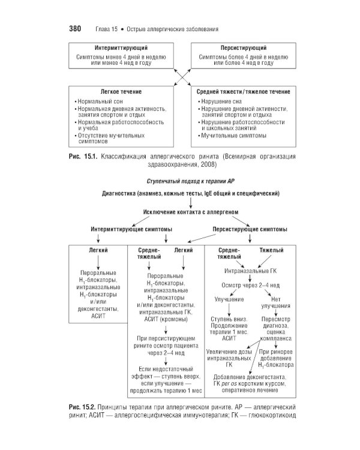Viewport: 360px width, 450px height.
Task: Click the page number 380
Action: point(75,29)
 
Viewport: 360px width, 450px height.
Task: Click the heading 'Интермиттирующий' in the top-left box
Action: point(121,48)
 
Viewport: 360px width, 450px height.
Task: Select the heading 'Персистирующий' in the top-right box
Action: point(244,48)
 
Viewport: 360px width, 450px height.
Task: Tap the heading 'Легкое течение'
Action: point(121,92)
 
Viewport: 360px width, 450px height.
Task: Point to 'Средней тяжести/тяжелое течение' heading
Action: point(244,92)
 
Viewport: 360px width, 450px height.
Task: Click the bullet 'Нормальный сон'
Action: point(99,101)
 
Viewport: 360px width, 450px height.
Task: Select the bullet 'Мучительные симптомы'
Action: point(232,136)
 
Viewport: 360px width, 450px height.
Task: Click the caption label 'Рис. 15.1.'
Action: point(83,157)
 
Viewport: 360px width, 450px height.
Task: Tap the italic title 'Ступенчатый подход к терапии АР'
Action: point(191,181)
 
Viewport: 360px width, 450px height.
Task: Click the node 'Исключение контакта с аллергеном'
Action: point(191,212)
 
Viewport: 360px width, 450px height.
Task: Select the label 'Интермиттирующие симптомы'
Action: point(131,229)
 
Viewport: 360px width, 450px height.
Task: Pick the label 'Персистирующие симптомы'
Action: point(250,229)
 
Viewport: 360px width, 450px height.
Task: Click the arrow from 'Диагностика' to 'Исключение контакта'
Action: point(191,203)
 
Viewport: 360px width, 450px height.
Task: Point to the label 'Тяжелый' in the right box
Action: point(271,250)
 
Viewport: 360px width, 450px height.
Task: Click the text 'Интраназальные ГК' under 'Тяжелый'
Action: point(250,271)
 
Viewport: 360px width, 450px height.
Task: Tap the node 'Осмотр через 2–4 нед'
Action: point(250,285)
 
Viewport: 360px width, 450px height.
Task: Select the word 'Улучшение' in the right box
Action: point(229,299)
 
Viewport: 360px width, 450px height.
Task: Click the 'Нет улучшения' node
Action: point(275,302)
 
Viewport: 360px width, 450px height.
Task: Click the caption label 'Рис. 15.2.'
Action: point(82,407)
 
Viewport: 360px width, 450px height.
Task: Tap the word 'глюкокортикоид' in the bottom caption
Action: point(272,415)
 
